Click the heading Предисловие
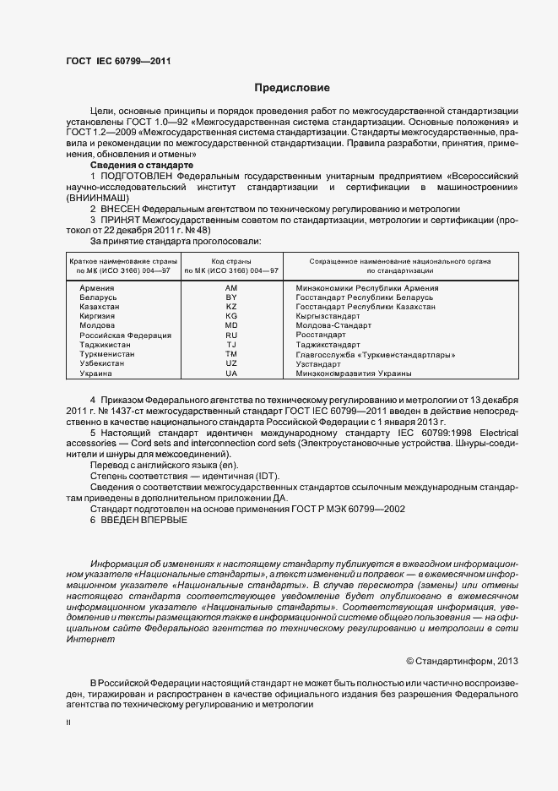click(286, 88)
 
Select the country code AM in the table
click(231, 289)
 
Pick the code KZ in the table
click(231, 308)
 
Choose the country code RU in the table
click(231, 335)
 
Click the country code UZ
click(231, 364)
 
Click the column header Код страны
click(231, 261)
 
